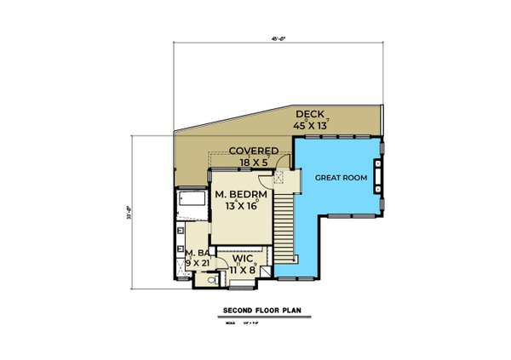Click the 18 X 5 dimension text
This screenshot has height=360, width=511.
pos(255,162)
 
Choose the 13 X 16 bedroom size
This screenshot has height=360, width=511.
pos(242,207)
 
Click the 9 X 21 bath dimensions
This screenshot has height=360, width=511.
pos(198,263)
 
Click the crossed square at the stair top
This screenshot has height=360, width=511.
pos(279,177)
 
